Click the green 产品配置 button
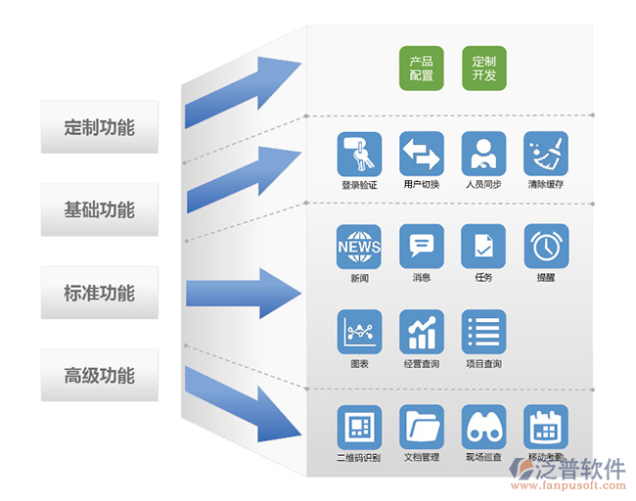coord(422,68)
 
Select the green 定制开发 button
coord(483,68)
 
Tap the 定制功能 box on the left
coord(99,127)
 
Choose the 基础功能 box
coord(99,209)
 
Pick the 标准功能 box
coord(99,293)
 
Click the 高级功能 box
coord(99,375)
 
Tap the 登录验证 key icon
coord(359,155)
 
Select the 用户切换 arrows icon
coord(422,155)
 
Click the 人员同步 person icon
coord(483,155)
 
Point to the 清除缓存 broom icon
coord(545,155)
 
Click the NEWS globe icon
coord(359,247)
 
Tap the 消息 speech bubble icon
coord(422,247)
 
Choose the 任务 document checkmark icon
coord(483,247)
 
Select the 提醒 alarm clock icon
coord(545,247)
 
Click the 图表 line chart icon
coord(359,333)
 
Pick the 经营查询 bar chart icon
coord(422,333)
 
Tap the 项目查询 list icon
coord(483,333)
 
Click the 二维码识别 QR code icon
coord(359,427)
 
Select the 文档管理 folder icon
coord(422,427)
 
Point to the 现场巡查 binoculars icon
coord(483,427)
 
